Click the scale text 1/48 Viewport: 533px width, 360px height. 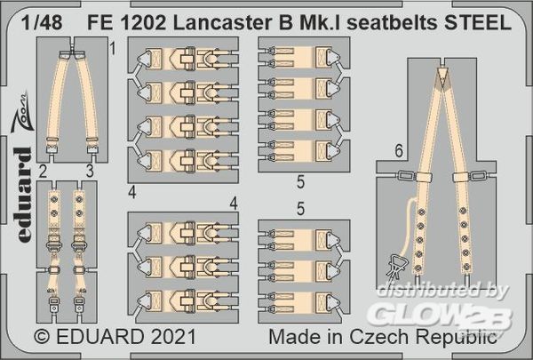coord(42,22)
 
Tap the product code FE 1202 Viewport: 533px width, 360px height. coord(126,22)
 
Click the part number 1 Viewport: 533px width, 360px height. coord(113,49)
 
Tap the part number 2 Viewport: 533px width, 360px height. coord(43,172)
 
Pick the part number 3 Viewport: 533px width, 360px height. coord(90,172)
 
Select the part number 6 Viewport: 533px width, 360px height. coord(399,151)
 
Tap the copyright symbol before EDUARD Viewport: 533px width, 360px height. coord(42,337)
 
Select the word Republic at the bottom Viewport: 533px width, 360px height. coord(457,338)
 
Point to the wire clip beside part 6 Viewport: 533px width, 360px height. coord(396,266)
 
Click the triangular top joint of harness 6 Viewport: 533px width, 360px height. coord(442,77)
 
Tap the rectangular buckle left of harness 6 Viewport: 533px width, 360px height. coord(406,176)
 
